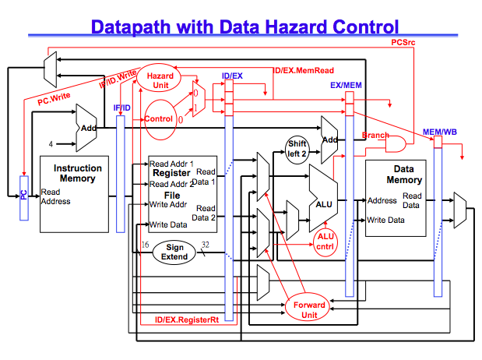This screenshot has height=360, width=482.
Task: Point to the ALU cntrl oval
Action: point(325,242)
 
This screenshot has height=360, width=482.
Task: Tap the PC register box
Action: point(23,194)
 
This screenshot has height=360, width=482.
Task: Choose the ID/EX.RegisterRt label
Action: point(186,319)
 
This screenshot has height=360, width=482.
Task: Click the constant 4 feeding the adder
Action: point(52,143)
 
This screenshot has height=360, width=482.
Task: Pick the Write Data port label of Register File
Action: point(168,225)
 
